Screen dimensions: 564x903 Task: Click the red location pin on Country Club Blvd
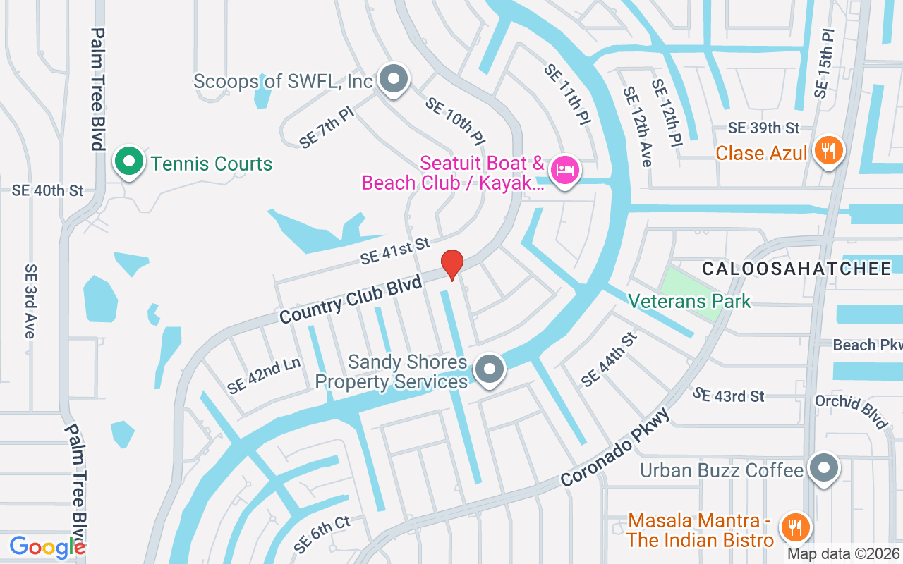pos(452,265)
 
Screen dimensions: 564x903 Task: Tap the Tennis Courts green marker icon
pos(128,161)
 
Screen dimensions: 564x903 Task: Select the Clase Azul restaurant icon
pos(828,151)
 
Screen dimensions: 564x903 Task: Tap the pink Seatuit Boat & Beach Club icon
pos(564,170)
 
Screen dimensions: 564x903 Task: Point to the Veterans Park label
pos(689,302)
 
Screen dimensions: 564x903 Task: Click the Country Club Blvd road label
pos(351,300)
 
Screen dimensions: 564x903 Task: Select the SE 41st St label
pos(394,251)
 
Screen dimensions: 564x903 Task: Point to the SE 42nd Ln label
pos(264,376)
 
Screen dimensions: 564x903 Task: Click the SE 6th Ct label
pos(322,534)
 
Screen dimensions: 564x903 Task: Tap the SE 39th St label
pos(763,128)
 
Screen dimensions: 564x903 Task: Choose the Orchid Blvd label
pos(851,410)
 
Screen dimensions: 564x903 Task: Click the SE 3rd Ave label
pos(30,301)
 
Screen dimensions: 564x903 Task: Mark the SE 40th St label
pos(47,190)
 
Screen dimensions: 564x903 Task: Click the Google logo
pos(47,546)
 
